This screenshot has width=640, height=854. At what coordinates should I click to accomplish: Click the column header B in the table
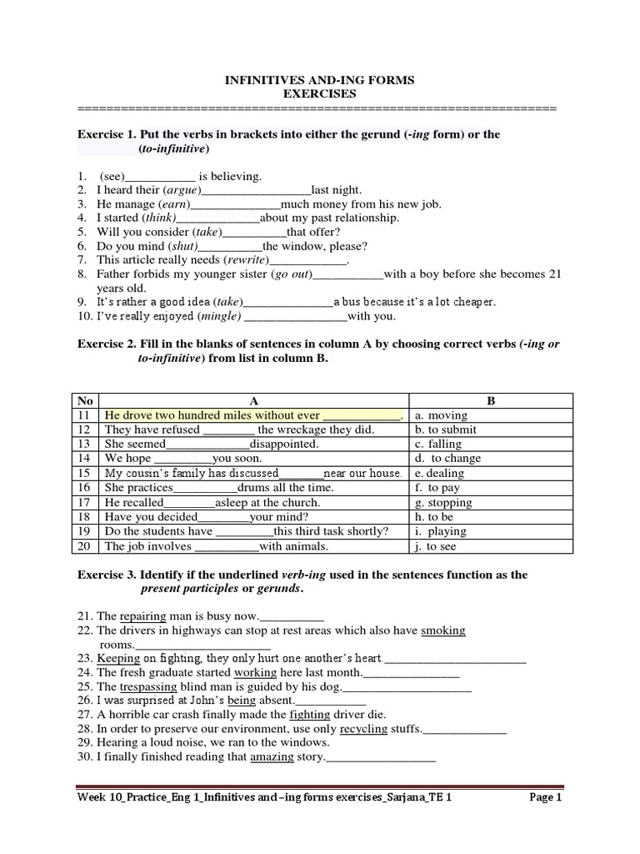(x=491, y=400)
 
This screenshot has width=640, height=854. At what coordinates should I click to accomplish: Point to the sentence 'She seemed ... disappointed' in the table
(x=212, y=445)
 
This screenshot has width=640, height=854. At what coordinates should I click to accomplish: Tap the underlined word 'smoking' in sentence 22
(x=443, y=630)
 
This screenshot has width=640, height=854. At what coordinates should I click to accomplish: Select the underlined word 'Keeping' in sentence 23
(x=118, y=658)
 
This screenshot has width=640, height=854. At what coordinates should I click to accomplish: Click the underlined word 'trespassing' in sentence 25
(x=149, y=686)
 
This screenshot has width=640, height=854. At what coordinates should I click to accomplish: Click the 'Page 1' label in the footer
(x=547, y=798)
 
